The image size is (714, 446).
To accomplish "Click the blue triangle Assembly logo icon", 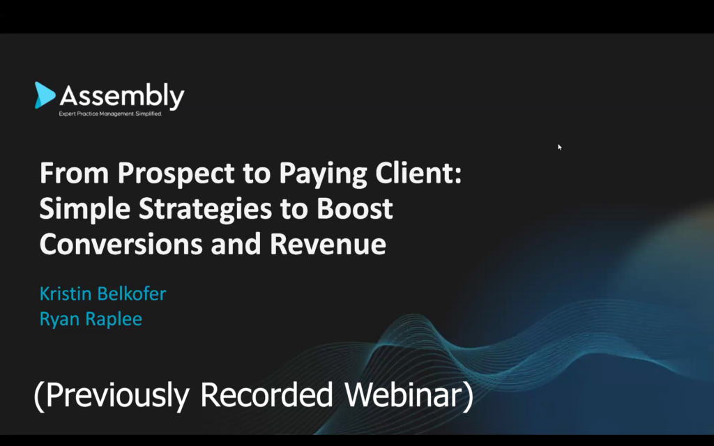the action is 45,95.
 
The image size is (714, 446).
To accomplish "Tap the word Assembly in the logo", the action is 122,96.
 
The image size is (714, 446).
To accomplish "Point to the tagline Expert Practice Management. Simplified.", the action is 110,114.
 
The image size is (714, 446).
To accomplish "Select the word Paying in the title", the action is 323,174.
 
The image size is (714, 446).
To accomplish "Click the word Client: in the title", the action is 418,173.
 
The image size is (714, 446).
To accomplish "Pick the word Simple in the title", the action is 84,209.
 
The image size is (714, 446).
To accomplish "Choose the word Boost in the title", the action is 355,208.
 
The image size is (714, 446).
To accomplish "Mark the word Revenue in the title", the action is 328,244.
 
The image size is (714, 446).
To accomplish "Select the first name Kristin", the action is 66,293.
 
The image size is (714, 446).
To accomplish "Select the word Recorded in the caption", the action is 266,394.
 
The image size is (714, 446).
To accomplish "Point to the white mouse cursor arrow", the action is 560,147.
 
